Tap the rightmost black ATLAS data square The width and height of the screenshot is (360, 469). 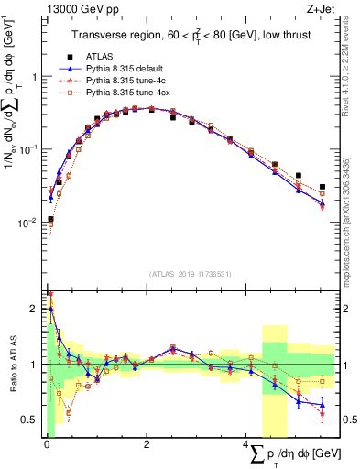[322, 187]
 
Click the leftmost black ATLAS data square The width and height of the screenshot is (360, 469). [50, 220]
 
